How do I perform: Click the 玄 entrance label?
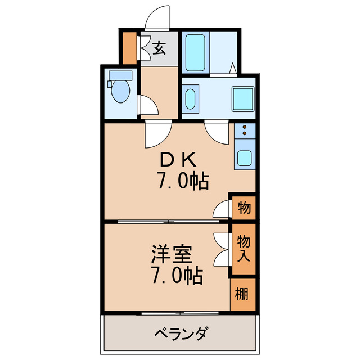click(x=159, y=48)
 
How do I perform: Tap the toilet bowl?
click(x=120, y=92)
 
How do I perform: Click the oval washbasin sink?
click(x=191, y=100)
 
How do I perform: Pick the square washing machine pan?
click(x=244, y=100)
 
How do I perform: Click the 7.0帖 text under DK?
click(x=183, y=181)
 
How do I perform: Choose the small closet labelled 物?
click(x=244, y=208)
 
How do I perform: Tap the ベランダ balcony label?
click(x=181, y=334)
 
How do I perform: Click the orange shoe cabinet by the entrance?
click(x=130, y=49)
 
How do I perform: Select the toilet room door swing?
click(x=147, y=105)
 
